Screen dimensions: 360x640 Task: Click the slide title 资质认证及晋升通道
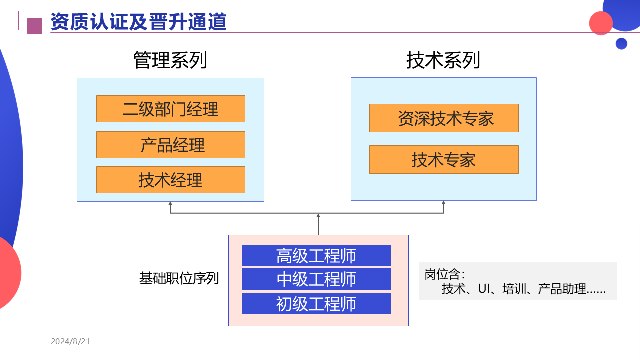pos(138,22)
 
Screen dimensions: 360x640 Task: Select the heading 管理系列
pos(170,60)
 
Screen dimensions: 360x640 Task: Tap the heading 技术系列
pos(443,60)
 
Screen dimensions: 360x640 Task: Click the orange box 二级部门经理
pos(170,109)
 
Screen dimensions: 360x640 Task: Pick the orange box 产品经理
pos(170,145)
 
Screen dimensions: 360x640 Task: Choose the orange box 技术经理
pos(170,180)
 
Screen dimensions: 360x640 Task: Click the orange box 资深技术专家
pos(444,118)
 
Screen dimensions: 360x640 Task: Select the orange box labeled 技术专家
pos(444,160)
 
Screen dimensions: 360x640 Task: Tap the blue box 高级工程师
pos(316,255)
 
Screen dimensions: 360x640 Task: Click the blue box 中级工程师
pos(316,279)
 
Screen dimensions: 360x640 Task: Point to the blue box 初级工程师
pos(316,304)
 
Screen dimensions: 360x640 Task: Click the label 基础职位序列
pos(179,278)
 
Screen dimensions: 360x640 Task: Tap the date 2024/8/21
pos(70,342)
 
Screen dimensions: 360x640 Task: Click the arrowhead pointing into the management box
pos(170,204)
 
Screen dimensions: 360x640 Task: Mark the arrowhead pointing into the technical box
pos(443,203)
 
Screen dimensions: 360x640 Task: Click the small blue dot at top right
pos(621,44)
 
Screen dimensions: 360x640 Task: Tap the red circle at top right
pos(601,23)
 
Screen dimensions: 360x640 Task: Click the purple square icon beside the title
pos(34,26)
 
